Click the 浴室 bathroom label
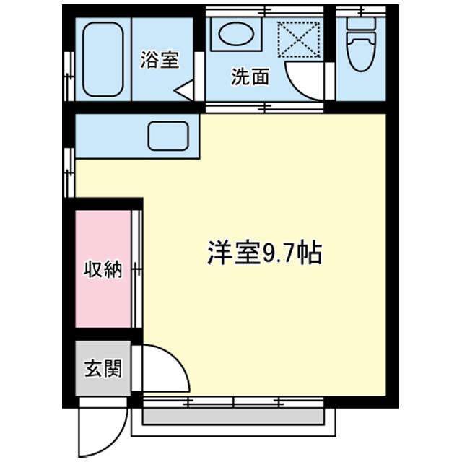(159, 60)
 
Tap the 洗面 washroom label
(249, 77)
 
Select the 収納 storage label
(103, 271)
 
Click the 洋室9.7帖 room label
(264, 253)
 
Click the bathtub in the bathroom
(103, 60)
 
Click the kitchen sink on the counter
(168, 136)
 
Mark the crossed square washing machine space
(299, 40)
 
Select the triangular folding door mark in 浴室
(186, 91)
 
